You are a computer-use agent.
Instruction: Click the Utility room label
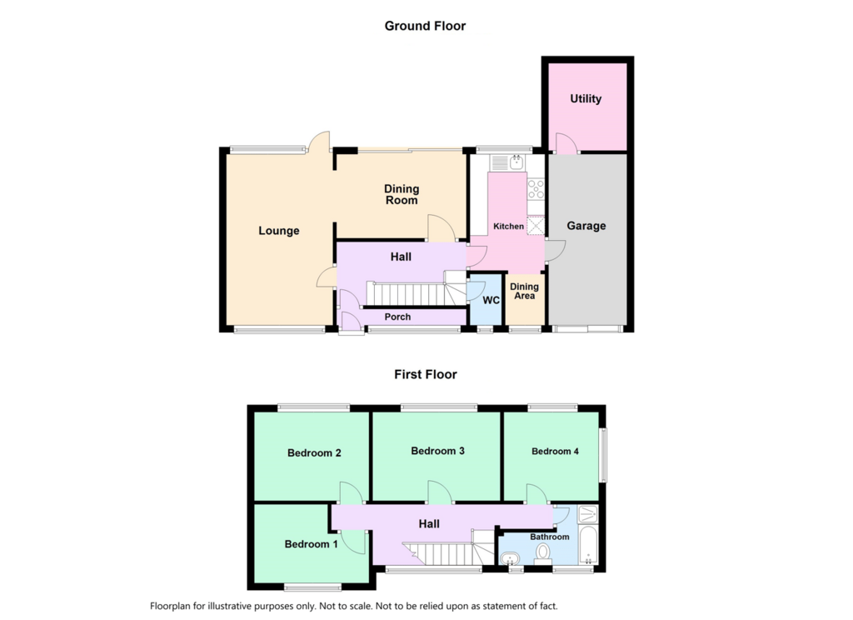tap(586, 98)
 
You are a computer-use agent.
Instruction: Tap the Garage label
tap(586, 226)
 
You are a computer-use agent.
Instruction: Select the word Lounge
tap(278, 231)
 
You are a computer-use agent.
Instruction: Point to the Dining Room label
tap(402, 194)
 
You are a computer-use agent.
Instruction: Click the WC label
tap(491, 301)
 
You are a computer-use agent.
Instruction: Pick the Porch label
tap(397, 317)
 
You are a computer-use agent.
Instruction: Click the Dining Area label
tap(525, 291)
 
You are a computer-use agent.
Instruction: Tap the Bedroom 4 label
tap(555, 452)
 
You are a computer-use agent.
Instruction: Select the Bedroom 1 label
tap(312, 544)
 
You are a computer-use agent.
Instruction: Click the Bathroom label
tap(550, 537)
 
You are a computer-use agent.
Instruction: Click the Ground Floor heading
tap(425, 26)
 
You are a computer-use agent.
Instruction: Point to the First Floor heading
tap(426, 374)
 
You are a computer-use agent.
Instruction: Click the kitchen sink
tap(506, 162)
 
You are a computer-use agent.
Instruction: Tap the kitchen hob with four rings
tap(536, 189)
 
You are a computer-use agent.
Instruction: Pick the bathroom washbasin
tap(511, 559)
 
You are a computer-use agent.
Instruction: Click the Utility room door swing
tap(566, 142)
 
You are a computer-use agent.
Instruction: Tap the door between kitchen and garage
tap(556, 252)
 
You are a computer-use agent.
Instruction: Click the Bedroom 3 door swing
tap(440, 492)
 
